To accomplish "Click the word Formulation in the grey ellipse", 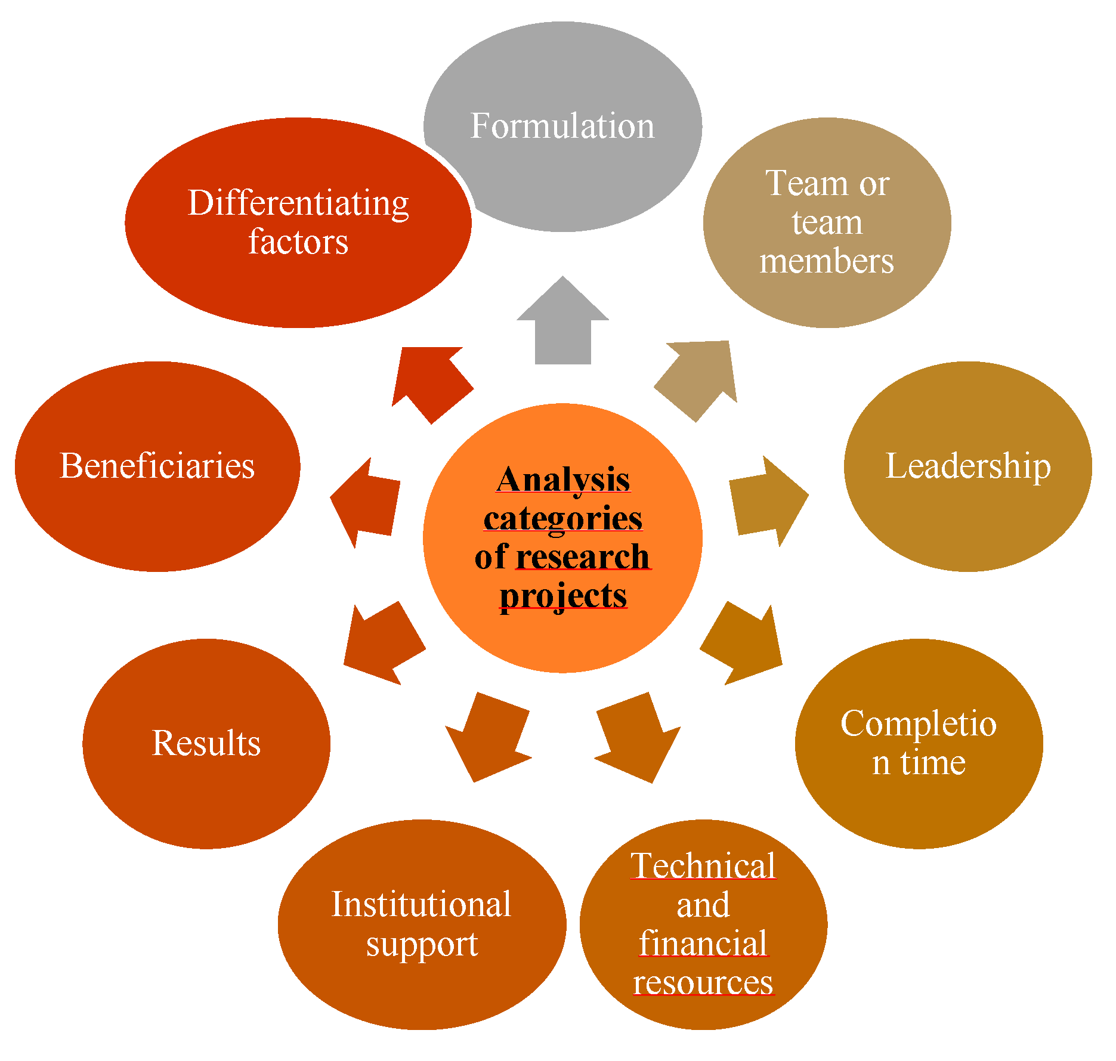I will point(562,126).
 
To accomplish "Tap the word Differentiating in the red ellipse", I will point(298,203).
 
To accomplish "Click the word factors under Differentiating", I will point(298,242).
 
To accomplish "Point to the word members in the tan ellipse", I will point(827,261).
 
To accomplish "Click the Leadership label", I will point(967,466).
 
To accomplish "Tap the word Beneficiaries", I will point(157,466).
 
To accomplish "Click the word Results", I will point(206,743).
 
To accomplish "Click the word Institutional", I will point(421,904).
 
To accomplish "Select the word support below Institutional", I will point(422,945).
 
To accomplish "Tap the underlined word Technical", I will point(703,866).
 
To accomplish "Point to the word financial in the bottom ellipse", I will point(703,944).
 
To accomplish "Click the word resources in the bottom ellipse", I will point(703,982).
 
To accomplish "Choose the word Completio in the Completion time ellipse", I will point(919,724).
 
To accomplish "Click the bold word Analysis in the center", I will point(563,480).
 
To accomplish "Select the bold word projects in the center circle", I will point(563,595).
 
